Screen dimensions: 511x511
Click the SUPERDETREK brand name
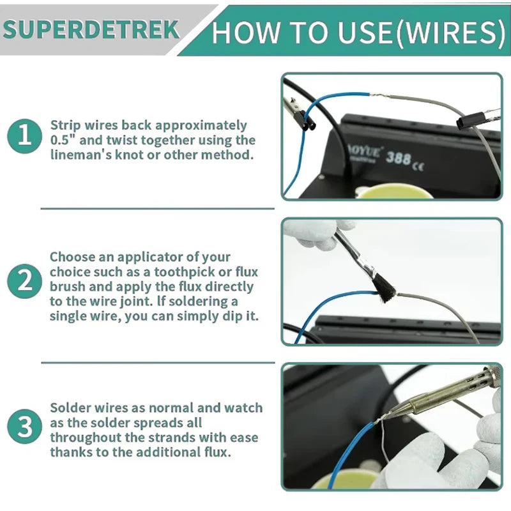(91, 29)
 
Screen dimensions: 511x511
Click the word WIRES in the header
(448, 33)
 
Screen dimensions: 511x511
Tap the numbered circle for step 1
(24, 136)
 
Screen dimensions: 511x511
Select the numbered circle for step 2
(24, 281)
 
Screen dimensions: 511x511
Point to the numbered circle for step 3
(24, 426)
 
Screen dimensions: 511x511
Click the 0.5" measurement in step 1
(63, 140)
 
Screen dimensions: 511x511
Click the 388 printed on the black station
(398, 158)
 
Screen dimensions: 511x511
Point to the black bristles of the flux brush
(385, 290)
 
